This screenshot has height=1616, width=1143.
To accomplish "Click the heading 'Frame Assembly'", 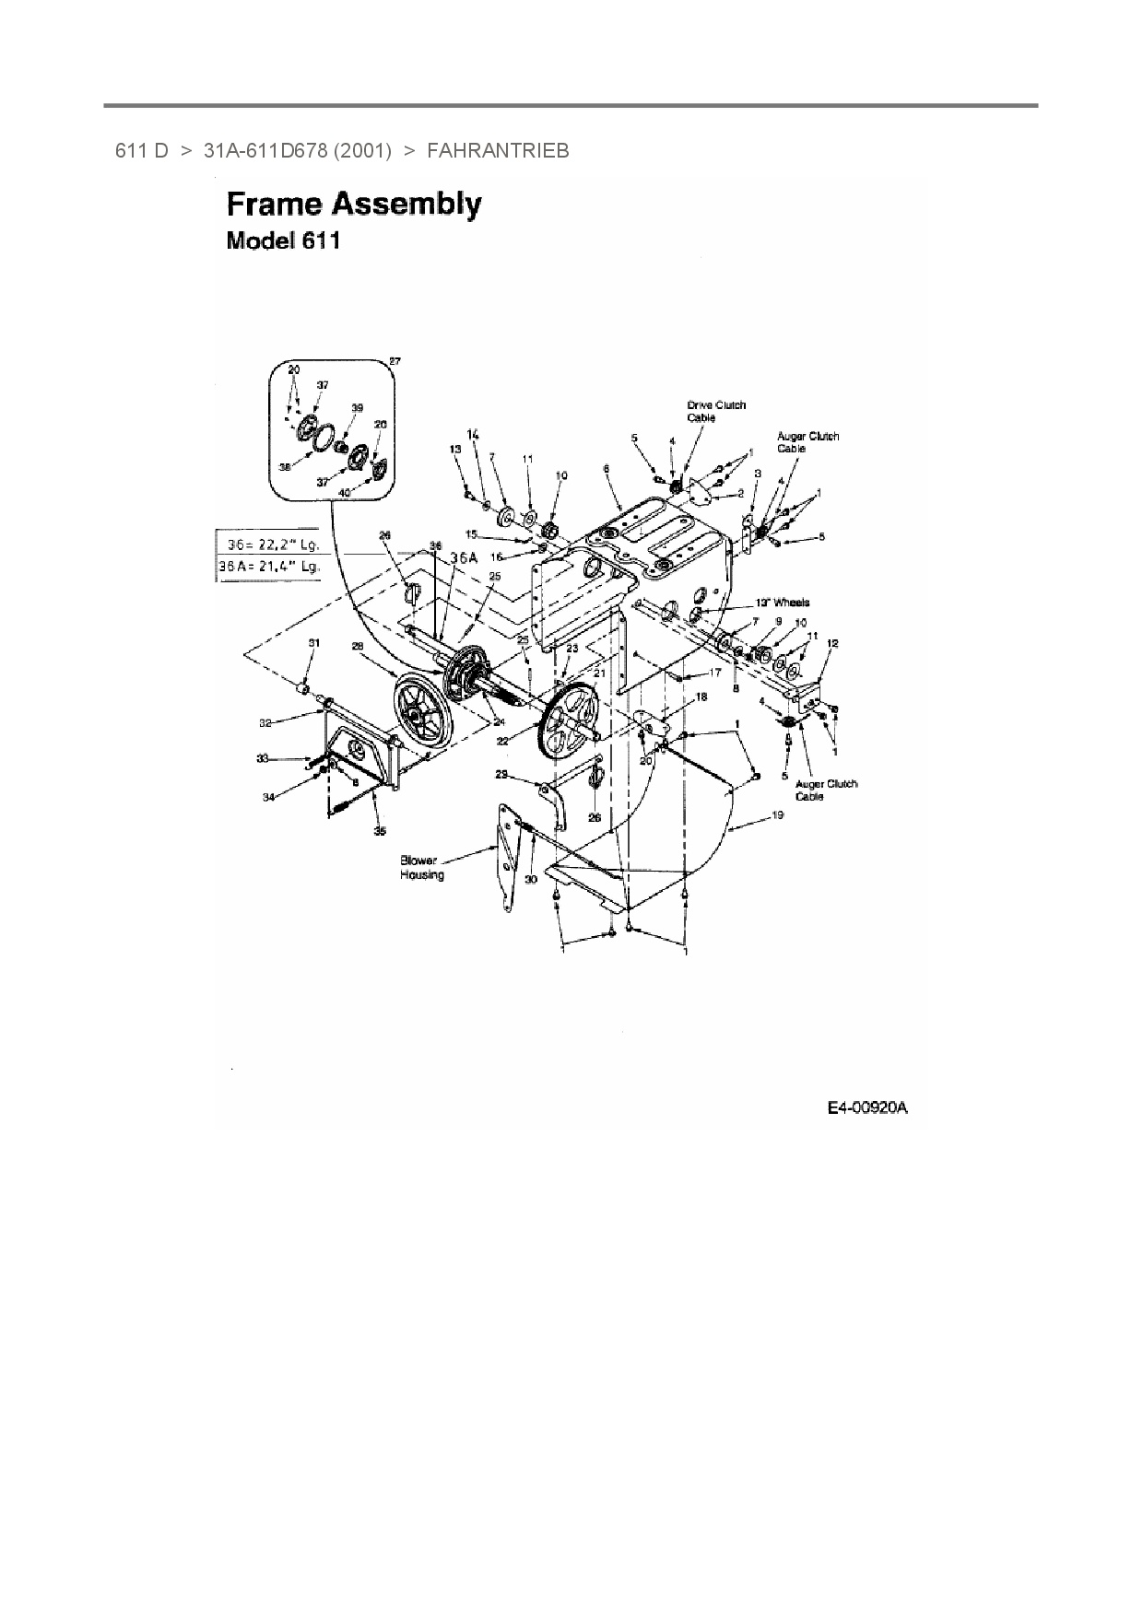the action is (354, 205).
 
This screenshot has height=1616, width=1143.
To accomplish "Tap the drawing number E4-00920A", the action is (866, 1107).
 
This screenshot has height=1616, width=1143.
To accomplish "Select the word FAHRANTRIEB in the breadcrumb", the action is (498, 150).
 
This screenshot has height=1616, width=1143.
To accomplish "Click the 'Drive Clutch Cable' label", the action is (716, 411).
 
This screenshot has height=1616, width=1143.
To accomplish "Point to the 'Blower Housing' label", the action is (421, 868).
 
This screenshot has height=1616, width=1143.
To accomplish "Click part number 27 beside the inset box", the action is (395, 362).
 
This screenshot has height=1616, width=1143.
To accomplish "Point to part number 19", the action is (777, 815).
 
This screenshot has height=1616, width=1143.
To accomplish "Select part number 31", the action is (312, 642).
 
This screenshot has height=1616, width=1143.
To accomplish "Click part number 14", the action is (474, 434).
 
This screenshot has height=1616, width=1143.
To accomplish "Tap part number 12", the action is (832, 643).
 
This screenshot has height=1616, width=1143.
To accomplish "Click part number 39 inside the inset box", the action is (357, 407).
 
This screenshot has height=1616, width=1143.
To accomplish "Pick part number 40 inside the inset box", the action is (344, 493).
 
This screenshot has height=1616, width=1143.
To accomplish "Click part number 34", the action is (268, 798).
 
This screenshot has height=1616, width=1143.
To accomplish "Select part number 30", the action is (530, 880).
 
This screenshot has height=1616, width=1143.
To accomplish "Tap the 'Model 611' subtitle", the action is (283, 241).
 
